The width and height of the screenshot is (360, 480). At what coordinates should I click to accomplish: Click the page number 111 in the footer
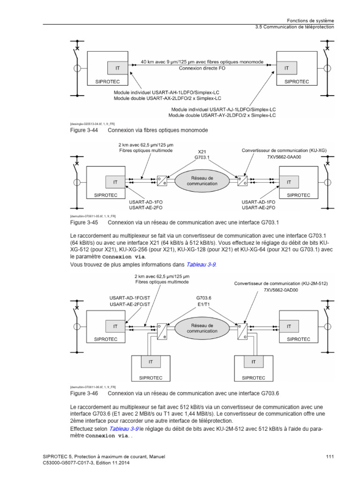(x=329, y=457)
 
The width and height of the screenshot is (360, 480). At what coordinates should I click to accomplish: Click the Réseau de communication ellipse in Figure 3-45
(x=202, y=181)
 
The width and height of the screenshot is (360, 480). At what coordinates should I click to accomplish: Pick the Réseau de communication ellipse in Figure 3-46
(x=202, y=328)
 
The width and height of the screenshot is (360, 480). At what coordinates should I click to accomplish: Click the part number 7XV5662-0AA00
(x=287, y=157)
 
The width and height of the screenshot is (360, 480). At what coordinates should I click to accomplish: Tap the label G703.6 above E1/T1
(x=204, y=298)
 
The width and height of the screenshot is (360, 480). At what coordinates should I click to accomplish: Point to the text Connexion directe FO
(x=202, y=68)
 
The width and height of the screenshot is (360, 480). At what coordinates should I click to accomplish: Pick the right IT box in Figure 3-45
(x=289, y=181)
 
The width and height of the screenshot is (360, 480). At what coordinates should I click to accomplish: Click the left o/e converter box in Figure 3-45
(x=162, y=181)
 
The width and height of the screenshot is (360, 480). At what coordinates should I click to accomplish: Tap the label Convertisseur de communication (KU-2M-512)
(x=281, y=284)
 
